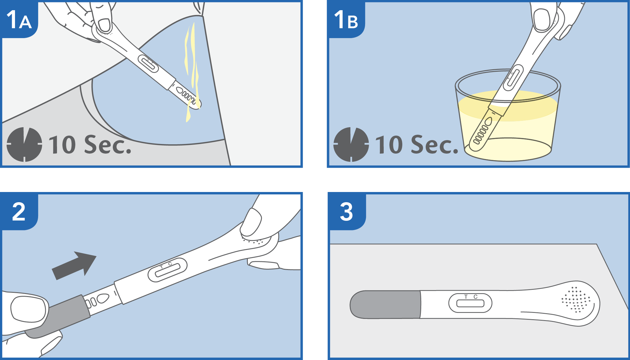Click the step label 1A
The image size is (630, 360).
[19, 20]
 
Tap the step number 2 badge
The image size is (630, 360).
[19, 212]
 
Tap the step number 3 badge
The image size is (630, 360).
[346, 212]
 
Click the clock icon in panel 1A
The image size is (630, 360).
[24, 145]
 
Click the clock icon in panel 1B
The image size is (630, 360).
[351, 145]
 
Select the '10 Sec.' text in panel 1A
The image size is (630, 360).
[90, 145]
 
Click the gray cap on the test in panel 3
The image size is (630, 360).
[385, 304]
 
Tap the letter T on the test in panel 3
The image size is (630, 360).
[466, 297]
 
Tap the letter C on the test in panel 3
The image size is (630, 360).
[475, 297]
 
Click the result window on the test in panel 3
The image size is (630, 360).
[470, 304]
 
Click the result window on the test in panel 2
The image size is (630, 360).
[167, 270]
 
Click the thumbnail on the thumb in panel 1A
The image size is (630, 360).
[104, 25]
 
